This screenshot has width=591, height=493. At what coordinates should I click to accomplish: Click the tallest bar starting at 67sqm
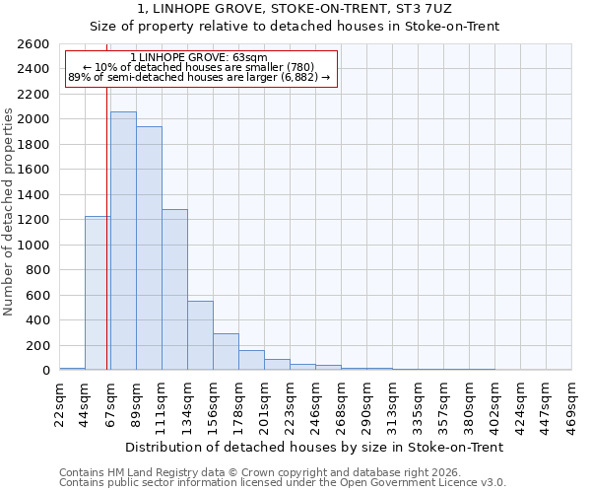click(123, 242)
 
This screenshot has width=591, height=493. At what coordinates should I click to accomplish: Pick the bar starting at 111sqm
click(174, 290)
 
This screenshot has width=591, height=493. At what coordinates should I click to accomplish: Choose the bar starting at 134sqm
click(200, 335)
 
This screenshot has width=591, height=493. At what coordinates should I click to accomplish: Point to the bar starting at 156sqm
click(226, 352)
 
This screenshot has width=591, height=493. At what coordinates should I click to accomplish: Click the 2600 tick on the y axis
click(33, 44)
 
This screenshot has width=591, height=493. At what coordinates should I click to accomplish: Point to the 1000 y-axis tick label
click(33, 245)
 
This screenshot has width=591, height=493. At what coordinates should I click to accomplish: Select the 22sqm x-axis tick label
click(60, 404)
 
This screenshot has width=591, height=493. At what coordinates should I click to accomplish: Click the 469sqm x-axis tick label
click(572, 404)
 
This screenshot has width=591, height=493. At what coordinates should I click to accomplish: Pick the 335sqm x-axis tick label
click(419, 404)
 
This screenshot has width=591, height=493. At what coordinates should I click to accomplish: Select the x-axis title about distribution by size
click(315, 447)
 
